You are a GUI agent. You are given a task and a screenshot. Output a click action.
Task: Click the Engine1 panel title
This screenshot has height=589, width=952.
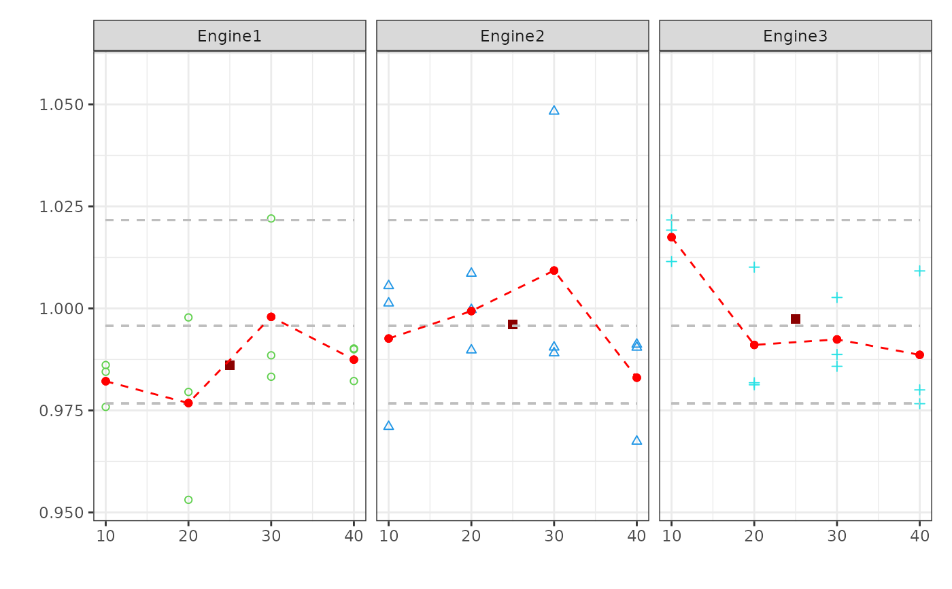(x=229, y=36)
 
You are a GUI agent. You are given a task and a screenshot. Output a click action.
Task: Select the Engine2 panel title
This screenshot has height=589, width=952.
(x=512, y=36)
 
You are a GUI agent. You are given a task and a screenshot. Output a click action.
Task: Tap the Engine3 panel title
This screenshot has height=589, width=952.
(x=795, y=36)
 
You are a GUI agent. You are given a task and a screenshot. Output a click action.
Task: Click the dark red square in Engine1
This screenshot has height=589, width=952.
(x=230, y=365)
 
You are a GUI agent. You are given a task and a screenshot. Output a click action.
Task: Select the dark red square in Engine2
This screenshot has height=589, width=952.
(x=513, y=324)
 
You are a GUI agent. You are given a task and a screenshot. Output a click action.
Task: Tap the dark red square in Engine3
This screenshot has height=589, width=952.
(x=796, y=319)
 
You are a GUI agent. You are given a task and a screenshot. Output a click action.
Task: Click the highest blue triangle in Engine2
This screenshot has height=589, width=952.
(x=554, y=110)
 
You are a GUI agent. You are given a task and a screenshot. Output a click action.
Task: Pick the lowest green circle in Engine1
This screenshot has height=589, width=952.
(x=188, y=500)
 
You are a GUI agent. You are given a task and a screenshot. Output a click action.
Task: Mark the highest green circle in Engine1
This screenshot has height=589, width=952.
(x=271, y=218)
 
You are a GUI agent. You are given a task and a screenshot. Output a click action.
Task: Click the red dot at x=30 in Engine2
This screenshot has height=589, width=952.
(x=554, y=270)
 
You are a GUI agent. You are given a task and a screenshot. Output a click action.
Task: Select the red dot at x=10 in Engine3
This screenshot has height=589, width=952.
(x=671, y=237)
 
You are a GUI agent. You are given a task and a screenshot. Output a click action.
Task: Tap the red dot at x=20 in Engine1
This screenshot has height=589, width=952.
(x=188, y=403)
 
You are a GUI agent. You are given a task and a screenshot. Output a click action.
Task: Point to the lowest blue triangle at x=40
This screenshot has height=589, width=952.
(x=636, y=441)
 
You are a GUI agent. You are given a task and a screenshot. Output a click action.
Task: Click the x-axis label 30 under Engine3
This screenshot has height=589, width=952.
(x=837, y=536)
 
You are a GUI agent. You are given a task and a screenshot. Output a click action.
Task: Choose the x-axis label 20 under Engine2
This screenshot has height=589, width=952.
(x=471, y=536)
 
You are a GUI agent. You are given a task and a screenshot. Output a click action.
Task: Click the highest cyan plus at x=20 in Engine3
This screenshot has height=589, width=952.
(x=754, y=267)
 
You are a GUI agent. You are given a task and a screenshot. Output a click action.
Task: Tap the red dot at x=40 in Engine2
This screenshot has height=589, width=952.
(x=636, y=377)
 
